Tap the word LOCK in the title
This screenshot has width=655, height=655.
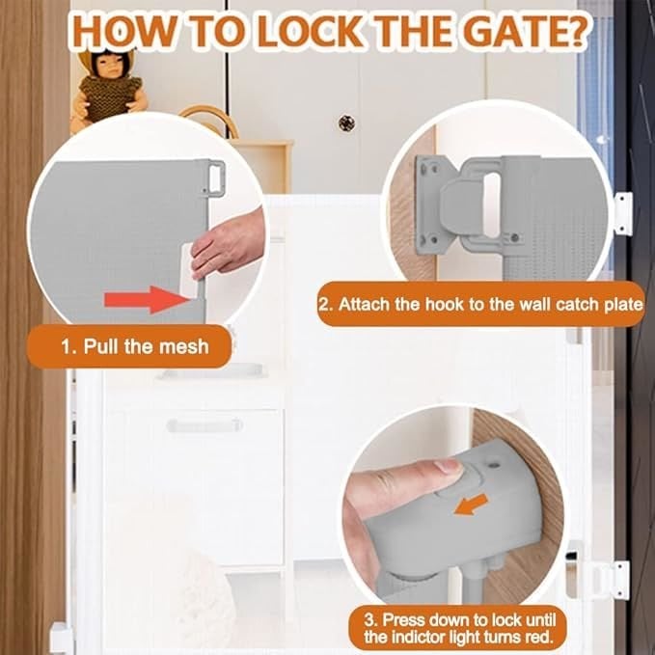(310, 32)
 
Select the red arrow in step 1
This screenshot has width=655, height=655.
(147, 299)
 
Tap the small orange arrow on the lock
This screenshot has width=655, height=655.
(471, 505)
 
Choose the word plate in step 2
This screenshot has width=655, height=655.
(623, 305)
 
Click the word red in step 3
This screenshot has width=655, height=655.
(539, 637)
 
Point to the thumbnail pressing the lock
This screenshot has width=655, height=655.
(449, 466)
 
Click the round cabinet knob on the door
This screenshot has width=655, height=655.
(346, 123)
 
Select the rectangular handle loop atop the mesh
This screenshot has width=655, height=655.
(215, 178)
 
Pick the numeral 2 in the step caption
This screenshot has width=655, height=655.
(324, 304)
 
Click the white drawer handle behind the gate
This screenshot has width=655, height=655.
(205, 425)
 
